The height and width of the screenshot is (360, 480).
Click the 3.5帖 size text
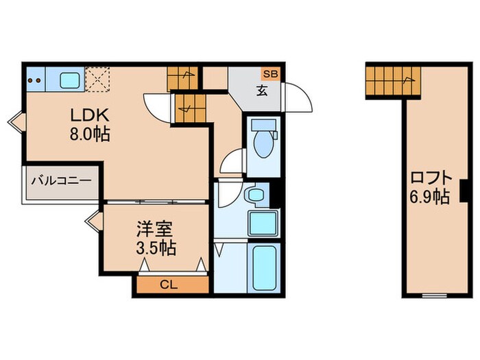pos(154,247)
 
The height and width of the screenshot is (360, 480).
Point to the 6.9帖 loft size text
pos(431,197)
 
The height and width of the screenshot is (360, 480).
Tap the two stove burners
pos(34,80)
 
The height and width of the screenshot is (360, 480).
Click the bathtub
pos(262,269)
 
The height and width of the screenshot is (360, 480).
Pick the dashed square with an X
pos(97,80)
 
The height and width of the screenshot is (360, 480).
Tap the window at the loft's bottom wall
pos(432,296)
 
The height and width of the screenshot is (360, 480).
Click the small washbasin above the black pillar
pos(256,195)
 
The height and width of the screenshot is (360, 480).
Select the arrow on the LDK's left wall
pos(14,123)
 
